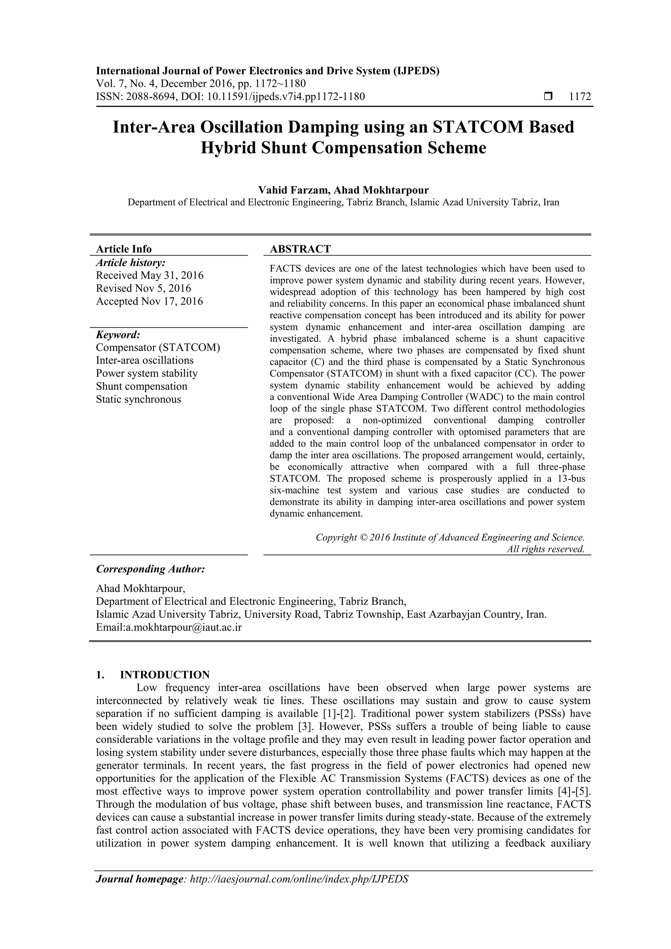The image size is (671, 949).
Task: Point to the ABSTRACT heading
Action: point(300,249)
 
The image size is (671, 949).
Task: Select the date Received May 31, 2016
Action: point(150,275)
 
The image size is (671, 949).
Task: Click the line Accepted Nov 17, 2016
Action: point(149,301)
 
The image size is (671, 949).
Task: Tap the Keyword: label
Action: point(118,334)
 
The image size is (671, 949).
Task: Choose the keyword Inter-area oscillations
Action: point(145,360)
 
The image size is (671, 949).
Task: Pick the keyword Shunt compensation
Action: point(142,387)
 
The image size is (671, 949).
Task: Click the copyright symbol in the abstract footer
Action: point(363,537)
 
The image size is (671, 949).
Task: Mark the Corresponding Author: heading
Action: point(150,569)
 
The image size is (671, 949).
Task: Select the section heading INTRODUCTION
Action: point(164,675)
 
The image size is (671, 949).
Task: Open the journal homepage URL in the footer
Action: point(298,890)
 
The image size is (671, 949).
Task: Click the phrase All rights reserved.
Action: point(546,549)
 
